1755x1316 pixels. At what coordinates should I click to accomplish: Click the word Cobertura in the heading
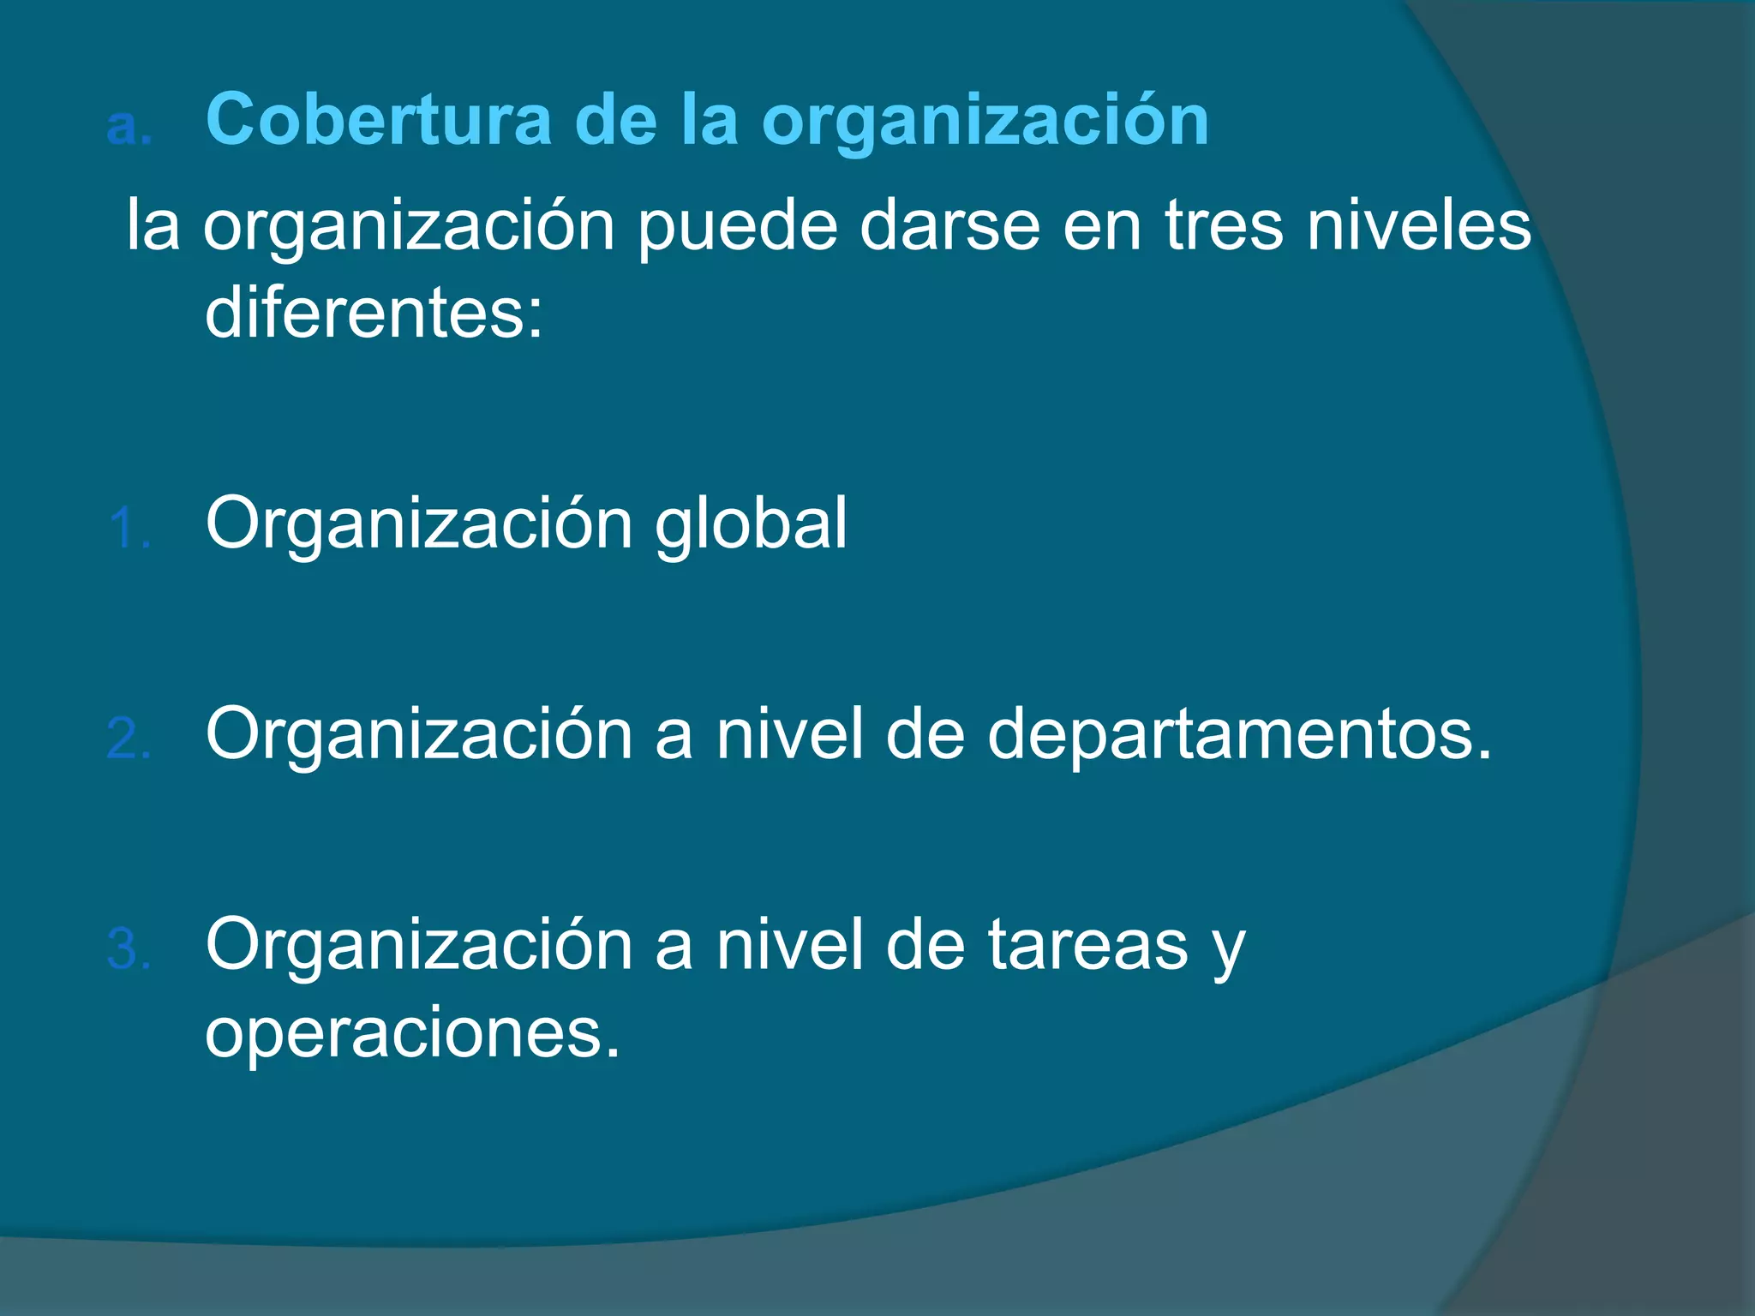(379, 120)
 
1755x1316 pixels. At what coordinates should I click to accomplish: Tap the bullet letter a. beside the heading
(129, 127)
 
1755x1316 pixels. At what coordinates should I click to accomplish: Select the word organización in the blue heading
(985, 122)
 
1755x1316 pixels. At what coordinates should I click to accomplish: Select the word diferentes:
(374, 313)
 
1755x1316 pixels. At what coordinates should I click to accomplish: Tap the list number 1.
(129, 528)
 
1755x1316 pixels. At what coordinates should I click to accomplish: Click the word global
(751, 524)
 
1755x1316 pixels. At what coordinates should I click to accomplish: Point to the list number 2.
(129, 739)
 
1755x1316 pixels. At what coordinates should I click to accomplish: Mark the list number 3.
(129, 949)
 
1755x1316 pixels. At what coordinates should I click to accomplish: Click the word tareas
(1087, 946)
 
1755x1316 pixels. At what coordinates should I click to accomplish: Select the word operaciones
(411, 1033)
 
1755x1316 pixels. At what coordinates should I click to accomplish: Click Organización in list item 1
(419, 524)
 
